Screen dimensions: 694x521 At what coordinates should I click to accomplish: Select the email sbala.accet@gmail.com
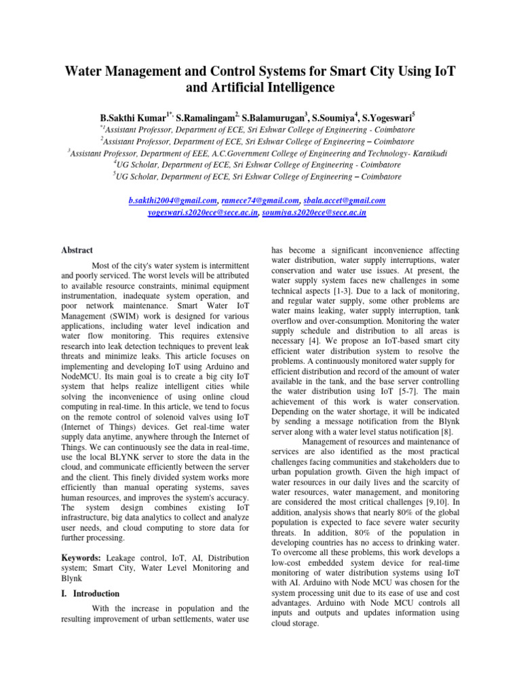tap(345, 201)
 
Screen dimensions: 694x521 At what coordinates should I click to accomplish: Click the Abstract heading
tap(77, 250)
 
